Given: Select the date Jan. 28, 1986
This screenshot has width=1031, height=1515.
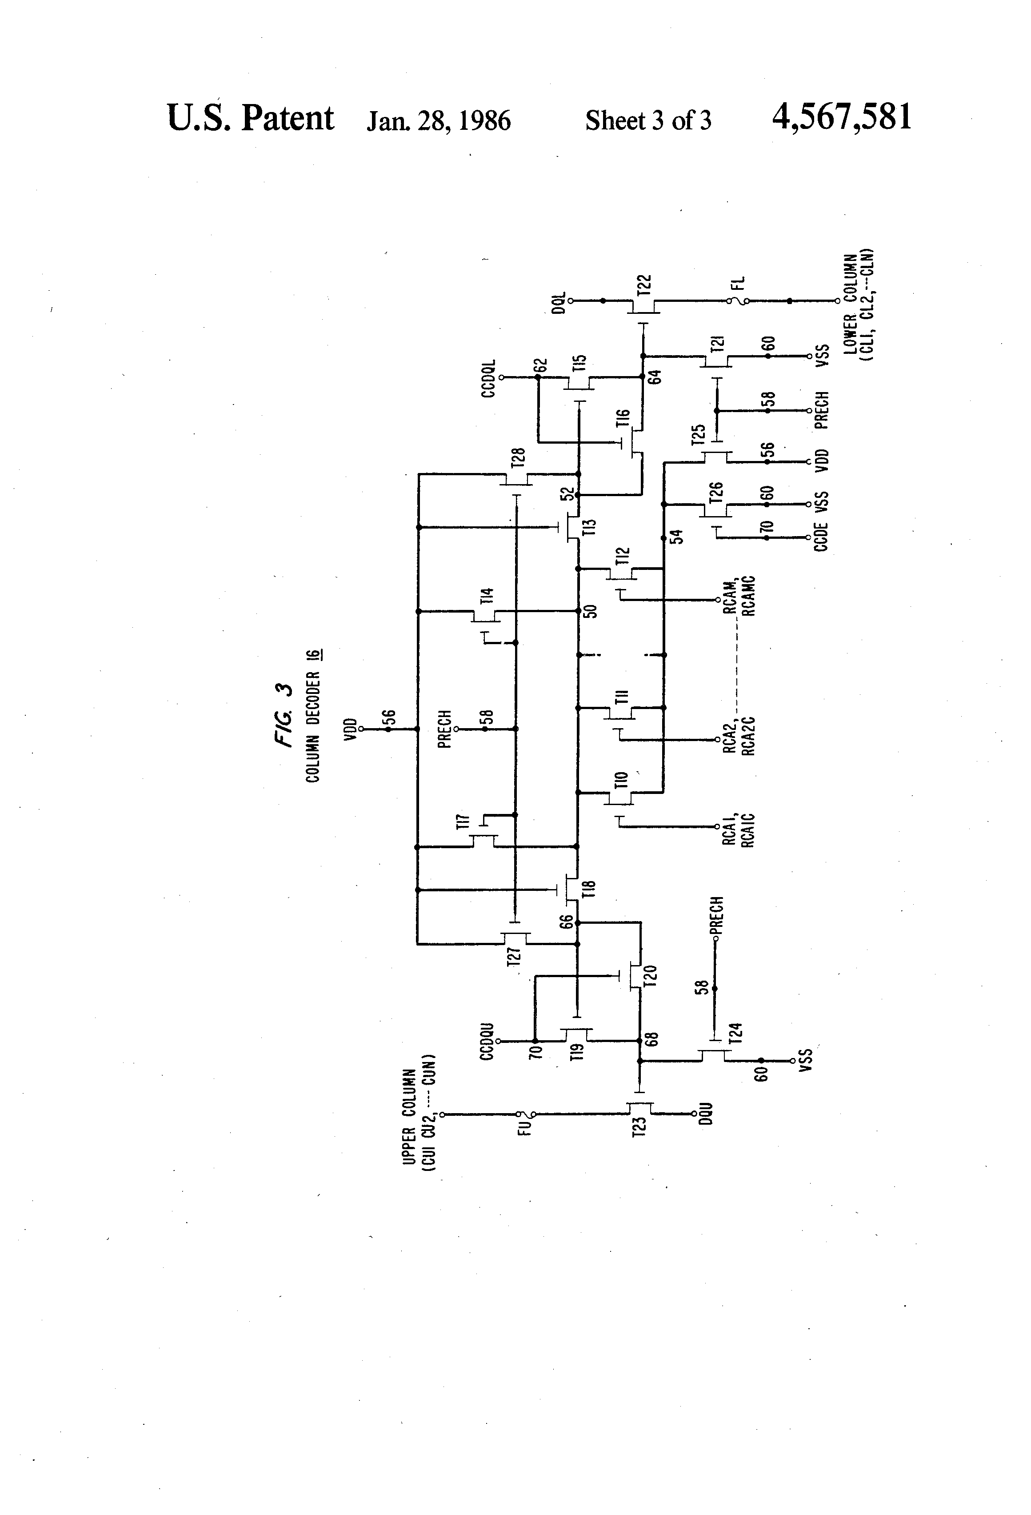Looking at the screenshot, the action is pyautogui.click(x=439, y=120).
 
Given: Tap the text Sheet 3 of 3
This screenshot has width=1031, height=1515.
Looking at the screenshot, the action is pyautogui.click(x=648, y=120).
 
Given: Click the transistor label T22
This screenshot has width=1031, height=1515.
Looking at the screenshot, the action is pyautogui.click(x=643, y=286).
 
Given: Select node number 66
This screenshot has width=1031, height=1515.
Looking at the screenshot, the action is pyautogui.click(x=566, y=922).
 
